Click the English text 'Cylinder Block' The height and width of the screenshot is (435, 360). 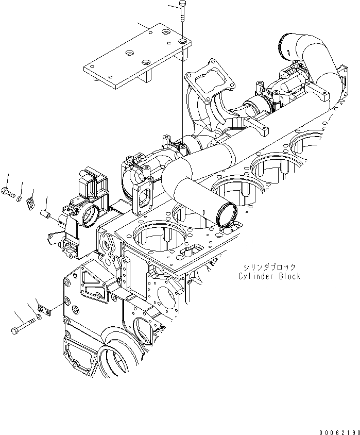point(269,276)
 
